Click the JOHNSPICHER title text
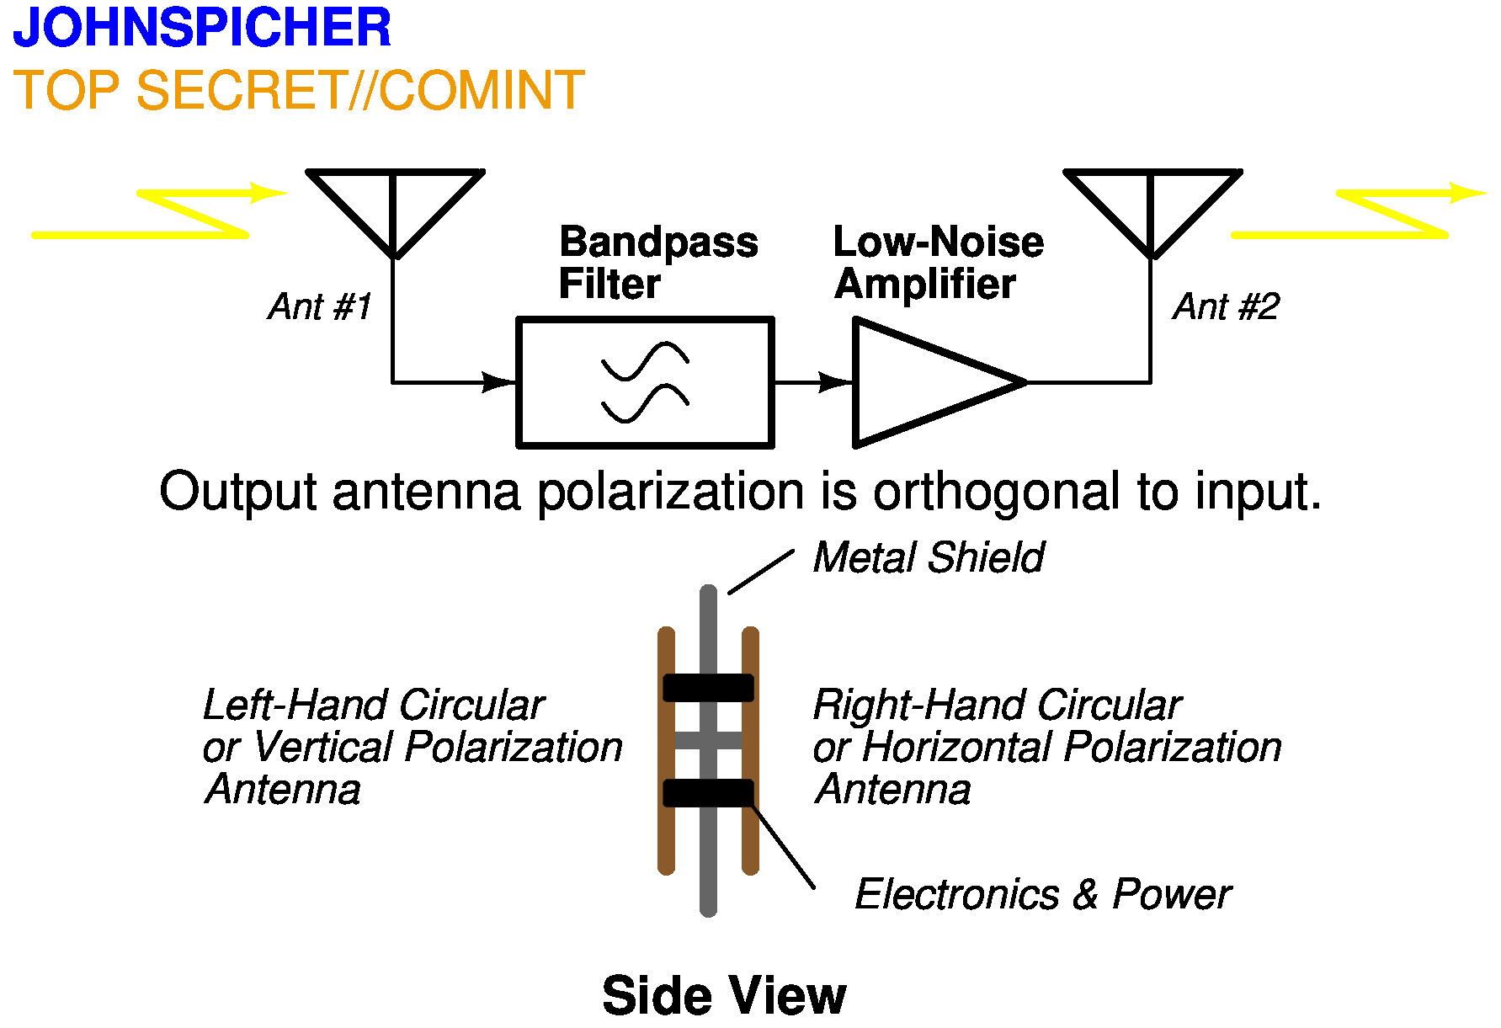[202, 27]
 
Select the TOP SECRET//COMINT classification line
[299, 90]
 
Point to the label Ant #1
[320, 306]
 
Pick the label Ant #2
[1226, 306]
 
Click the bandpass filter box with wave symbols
[645, 382]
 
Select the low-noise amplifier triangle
[926, 382]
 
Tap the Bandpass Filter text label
[657, 263]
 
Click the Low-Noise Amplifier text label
[938, 263]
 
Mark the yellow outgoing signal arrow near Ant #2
[1357, 214]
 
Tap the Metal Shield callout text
[929, 557]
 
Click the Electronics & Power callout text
[1042, 894]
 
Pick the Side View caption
[724, 996]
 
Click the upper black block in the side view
[708, 687]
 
